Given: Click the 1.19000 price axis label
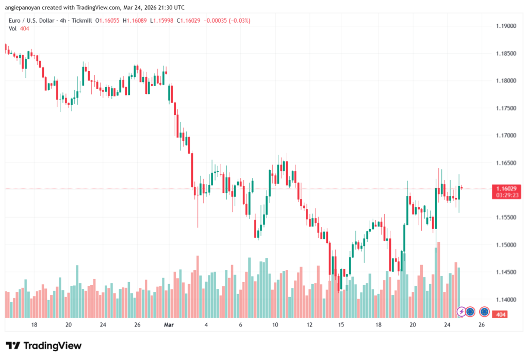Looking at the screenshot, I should coord(505,26).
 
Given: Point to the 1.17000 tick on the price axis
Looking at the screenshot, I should coord(505,136).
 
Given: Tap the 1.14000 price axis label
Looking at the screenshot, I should coord(505,300).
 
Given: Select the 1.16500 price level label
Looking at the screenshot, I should coord(505,163).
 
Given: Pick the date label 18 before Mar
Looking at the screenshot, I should coord(34,325).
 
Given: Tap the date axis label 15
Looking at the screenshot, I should coord(341,325).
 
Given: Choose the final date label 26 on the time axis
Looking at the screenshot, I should coord(482,325).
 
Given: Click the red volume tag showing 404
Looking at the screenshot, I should coord(500,314).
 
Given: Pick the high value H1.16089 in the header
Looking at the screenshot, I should coord(145,21).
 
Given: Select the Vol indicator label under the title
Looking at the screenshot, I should coord(12,28).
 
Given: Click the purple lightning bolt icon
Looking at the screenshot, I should coord(462,312).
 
